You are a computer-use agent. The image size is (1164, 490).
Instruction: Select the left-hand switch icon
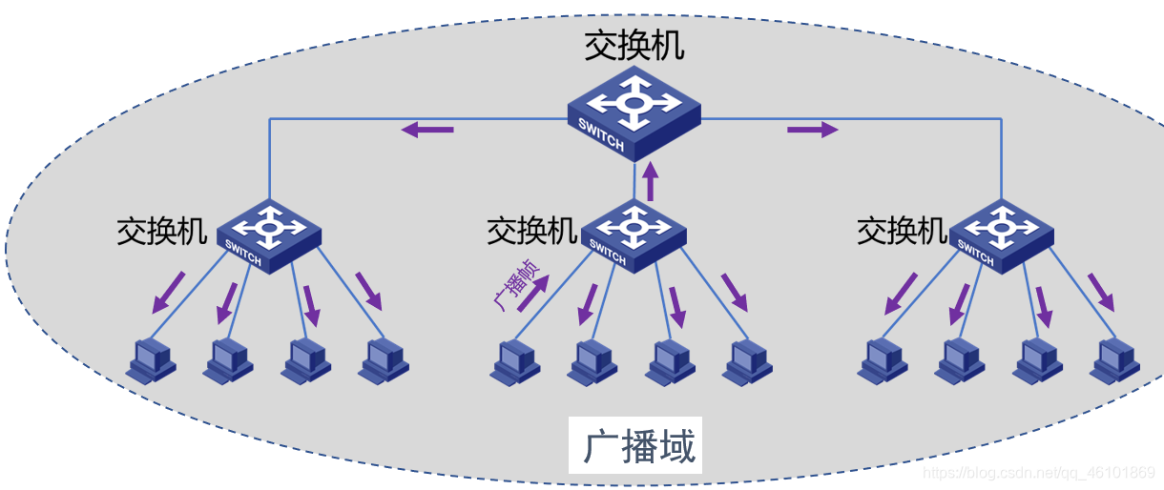(269, 235)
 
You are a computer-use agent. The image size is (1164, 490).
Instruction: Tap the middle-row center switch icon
(634, 235)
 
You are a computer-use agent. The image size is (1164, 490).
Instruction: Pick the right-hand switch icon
(1002, 235)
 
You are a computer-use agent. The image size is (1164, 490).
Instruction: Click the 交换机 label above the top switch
(634, 47)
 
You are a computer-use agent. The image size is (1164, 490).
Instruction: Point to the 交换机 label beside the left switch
(161, 231)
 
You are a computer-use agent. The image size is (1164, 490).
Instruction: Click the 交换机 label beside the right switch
(902, 231)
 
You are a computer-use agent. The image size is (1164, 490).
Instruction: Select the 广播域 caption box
(635, 445)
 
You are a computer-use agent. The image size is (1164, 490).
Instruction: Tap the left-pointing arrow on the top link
(426, 129)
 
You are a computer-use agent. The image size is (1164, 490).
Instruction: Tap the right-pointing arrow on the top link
(812, 129)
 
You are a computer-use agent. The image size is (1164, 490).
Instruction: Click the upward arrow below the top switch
(651, 180)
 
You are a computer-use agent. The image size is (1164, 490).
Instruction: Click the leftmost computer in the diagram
(151, 360)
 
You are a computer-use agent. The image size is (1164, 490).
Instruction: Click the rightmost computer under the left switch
(384, 360)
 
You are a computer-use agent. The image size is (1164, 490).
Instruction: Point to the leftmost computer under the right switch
(882, 360)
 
